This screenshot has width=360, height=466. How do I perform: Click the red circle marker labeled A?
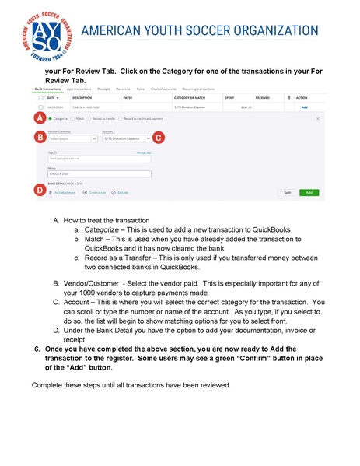point(38,118)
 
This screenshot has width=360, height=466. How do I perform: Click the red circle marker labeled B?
point(38,137)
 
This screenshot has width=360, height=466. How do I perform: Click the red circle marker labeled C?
point(158,137)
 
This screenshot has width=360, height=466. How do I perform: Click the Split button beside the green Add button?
point(287,191)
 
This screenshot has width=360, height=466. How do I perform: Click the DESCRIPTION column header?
point(83,98)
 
